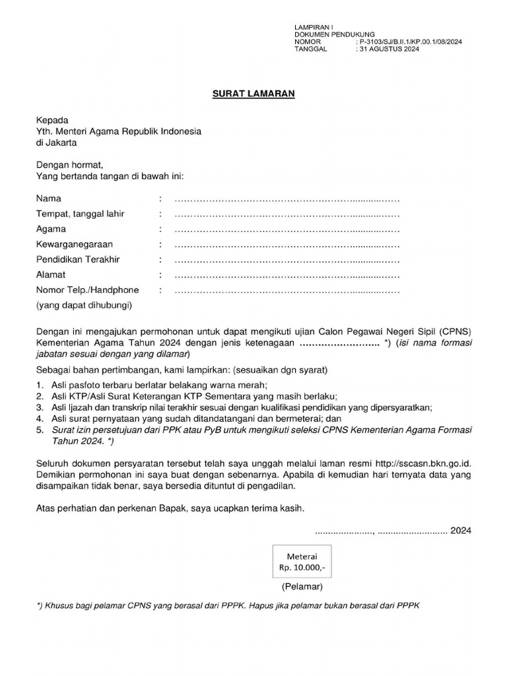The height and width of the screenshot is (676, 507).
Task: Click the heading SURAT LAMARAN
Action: pos(253,94)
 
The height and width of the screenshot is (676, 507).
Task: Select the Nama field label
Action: pos(49,199)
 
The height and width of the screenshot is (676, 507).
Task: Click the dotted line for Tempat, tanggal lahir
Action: pos(286,214)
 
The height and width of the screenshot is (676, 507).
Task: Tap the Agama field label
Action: pos(51,229)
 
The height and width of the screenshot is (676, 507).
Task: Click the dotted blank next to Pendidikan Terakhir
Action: pos(286,259)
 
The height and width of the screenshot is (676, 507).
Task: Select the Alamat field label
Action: pos(51,275)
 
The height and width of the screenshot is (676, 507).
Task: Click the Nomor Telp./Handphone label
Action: pos(87,290)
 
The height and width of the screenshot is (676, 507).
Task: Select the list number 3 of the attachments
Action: pos(39,407)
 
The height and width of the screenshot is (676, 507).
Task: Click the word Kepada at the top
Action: pos(52,120)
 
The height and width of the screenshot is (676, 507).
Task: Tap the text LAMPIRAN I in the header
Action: pos(315,27)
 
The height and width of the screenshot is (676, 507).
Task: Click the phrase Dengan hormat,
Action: pos(69,164)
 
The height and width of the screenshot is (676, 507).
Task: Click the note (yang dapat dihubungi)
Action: pos(84,305)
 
